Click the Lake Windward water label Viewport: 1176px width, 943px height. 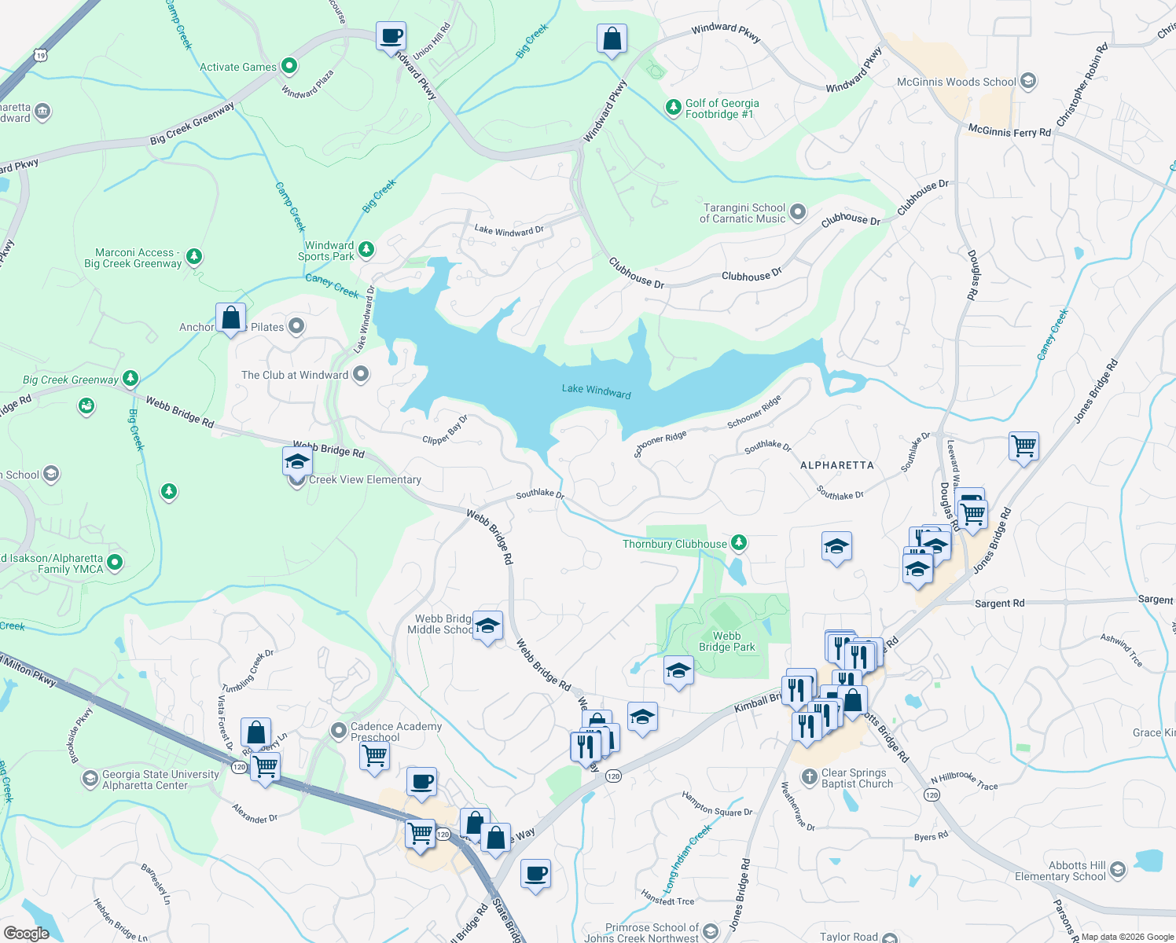click(596, 391)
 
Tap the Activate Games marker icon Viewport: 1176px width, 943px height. click(288, 67)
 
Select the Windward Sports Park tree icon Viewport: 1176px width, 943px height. click(366, 251)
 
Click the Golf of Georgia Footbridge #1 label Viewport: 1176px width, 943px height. click(722, 108)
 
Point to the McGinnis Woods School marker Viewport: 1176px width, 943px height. click(1027, 82)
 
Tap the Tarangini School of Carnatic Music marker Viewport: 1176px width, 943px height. click(798, 212)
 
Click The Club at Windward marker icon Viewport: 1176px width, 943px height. click(361, 375)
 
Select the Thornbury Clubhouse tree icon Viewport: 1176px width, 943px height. click(738, 543)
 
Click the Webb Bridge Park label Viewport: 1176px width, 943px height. click(726, 641)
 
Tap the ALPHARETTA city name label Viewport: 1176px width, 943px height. click(836, 465)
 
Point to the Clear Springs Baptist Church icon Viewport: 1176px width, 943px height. click(809, 777)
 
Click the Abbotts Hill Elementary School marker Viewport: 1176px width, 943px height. click(1118, 870)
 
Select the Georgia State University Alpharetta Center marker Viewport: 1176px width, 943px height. click(90, 779)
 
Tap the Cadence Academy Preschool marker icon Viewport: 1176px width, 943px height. click(338, 731)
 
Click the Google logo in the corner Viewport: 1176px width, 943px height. click(26, 933)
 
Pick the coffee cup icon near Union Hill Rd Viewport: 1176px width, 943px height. click(391, 37)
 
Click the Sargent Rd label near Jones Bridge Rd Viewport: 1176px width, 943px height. click(999, 604)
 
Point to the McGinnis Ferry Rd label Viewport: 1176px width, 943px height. click(1009, 131)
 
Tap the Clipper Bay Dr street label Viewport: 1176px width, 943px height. click(445, 430)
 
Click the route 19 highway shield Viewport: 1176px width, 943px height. click(41, 55)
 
